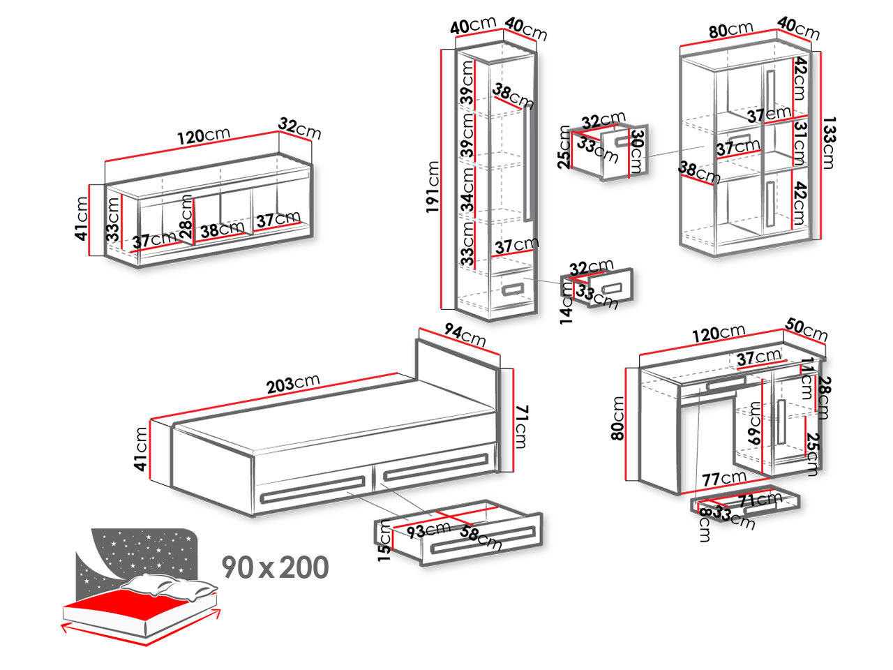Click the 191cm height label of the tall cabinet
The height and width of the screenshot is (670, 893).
(x=433, y=187)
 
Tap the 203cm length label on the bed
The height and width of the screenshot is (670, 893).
(x=293, y=383)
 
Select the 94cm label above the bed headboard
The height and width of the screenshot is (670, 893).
(x=465, y=335)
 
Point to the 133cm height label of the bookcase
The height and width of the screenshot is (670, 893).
(x=828, y=143)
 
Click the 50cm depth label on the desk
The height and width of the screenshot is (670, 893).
(x=806, y=329)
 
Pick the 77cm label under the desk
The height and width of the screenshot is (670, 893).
(x=724, y=478)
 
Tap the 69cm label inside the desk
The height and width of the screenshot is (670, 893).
(x=754, y=423)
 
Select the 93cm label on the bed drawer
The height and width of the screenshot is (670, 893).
(x=429, y=530)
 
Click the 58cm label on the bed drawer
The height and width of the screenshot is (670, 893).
(x=481, y=537)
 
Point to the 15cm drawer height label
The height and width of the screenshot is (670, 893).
(x=384, y=541)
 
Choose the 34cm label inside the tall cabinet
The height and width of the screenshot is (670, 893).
(x=467, y=190)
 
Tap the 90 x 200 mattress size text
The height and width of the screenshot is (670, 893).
(x=276, y=567)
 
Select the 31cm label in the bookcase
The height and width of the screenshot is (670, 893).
(x=800, y=144)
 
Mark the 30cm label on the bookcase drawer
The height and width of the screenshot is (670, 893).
(x=637, y=151)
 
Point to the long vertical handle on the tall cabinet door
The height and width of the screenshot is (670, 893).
(x=527, y=165)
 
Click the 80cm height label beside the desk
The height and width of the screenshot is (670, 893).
(x=617, y=418)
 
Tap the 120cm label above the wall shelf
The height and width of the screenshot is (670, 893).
(x=204, y=135)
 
